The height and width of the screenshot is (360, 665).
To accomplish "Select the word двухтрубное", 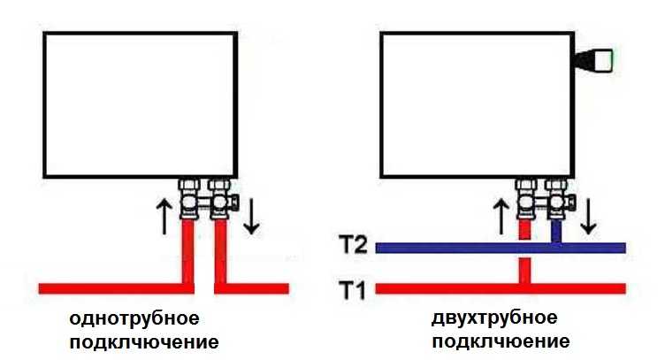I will click(x=495, y=318).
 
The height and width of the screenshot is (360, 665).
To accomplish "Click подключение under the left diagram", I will click(x=141, y=341).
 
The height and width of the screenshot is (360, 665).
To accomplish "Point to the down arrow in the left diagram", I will click(x=252, y=217).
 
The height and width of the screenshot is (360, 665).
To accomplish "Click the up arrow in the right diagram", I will click(x=501, y=217).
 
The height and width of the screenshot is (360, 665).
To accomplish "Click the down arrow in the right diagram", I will click(x=588, y=217).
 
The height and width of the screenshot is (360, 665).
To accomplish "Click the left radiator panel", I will click(x=139, y=103).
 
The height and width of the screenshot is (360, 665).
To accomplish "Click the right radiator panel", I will click(x=478, y=103).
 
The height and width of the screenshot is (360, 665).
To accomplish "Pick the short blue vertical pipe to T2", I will click(x=556, y=232).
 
